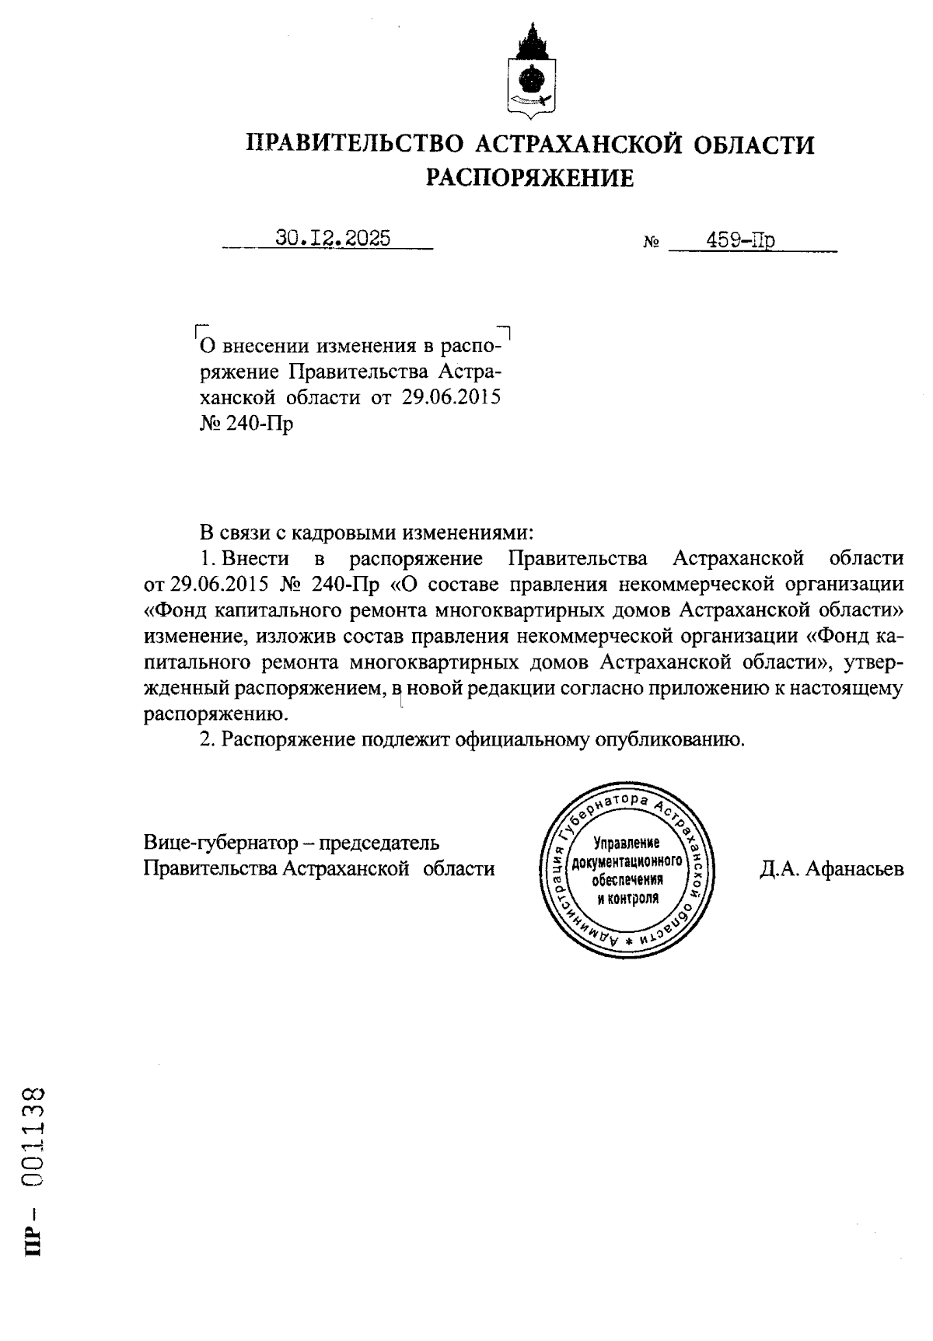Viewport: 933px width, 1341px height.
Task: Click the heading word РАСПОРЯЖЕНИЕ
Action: click(529, 179)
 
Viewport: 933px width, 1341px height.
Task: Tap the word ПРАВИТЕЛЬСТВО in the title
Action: click(355, 145)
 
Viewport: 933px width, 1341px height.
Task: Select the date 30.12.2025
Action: click(333, 239)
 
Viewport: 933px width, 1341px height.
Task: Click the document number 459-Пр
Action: click(740, 241)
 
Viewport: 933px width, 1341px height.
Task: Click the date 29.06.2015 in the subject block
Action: click(452, 398)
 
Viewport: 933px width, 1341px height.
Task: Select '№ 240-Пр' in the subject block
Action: click(246, 424)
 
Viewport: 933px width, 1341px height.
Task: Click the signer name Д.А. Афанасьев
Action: click(832, 868)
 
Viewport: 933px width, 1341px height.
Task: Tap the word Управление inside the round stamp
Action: click(627, 843)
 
